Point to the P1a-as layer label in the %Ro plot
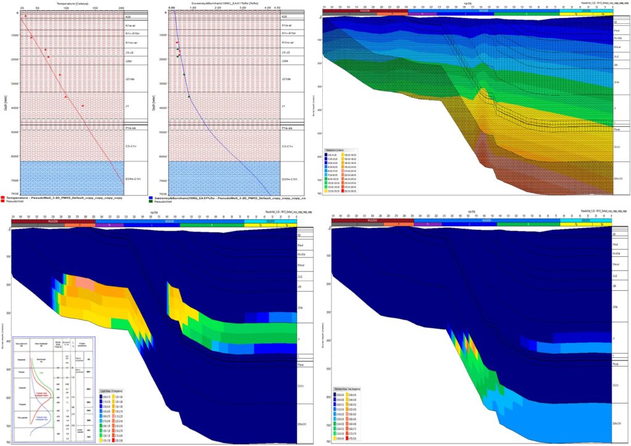pyautogui.click(x=287, y=128)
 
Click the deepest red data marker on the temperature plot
pyautogui.click(x=83, y=106)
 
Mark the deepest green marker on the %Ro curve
pyautogui.click(x=189, y=97)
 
